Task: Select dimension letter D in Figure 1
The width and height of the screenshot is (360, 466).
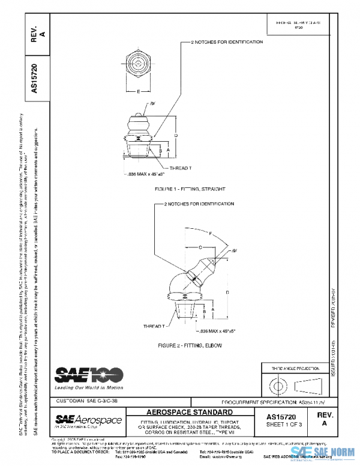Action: (176, 136)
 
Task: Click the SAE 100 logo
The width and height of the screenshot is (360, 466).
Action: (89, 375)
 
